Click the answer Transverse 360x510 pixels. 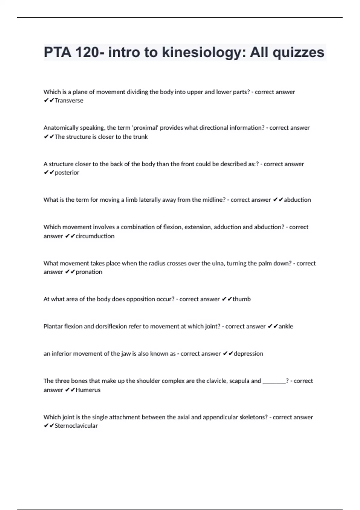point(69,101)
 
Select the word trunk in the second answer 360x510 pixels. point(140,137)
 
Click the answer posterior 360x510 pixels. point(67,173)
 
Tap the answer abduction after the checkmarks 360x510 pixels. point(297,200)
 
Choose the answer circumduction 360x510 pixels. point(95,236)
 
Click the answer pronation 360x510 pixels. point(89,272)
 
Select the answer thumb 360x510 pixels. point(241,299)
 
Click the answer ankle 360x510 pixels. point(286,326)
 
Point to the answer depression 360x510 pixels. point(248,354)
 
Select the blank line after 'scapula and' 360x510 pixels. point(274,381)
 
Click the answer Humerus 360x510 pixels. point(88,390)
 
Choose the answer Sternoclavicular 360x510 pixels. point(76,426)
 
